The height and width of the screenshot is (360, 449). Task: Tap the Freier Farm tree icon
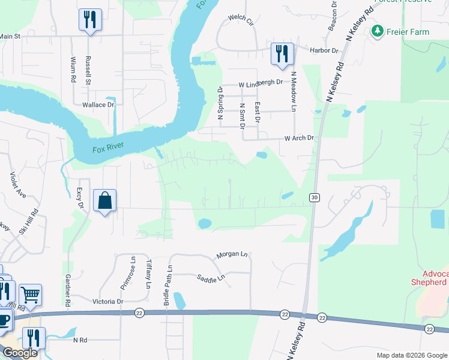[x=378, y=31]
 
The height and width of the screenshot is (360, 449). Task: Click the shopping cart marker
[x=30, y=295]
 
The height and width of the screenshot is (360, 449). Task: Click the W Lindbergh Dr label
[x=260, y=82]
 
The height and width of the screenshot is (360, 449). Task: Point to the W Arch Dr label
[x=299, y=138]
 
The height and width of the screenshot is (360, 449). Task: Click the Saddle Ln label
[x=210, y=277]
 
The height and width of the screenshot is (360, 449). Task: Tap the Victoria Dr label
[x=108, y=301]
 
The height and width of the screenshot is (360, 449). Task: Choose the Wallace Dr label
[x=98, y=104]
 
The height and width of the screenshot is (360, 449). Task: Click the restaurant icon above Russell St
[x=90, y=19]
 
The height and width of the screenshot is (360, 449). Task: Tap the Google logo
[x=19, y=353]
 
